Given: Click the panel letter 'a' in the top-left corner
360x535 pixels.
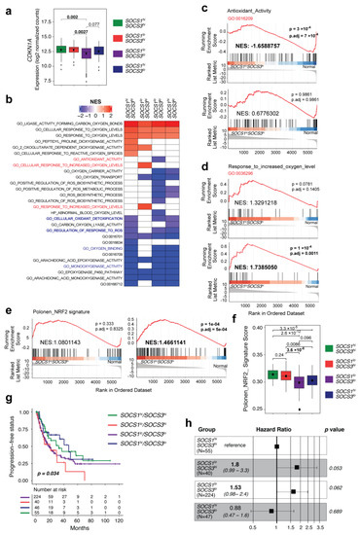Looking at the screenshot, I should [x=6, y=7].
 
